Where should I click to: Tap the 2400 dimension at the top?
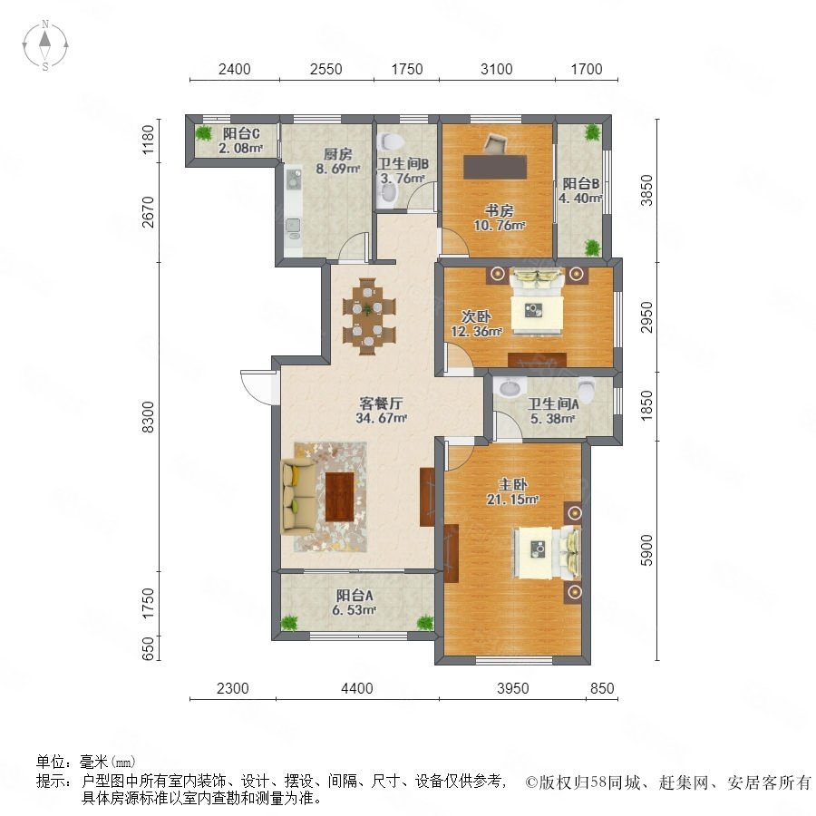point(234,69)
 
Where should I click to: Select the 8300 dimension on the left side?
point(149,417)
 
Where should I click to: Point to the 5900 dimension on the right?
point(646,550)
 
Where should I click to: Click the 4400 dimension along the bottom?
point(357,688)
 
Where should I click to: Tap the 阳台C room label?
point(241,134)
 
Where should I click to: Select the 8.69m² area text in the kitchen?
point(338,169)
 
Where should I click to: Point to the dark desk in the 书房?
point(495,167)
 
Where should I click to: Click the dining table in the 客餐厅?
point(368,316)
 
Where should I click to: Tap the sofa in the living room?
point(297,496)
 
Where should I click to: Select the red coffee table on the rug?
point(339,497)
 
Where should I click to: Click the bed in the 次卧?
point(537,302)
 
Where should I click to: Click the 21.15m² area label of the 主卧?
point(512,500)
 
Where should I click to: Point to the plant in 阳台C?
point(204,133)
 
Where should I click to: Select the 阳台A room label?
point(355,596)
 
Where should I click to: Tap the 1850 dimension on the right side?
point(646,406)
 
